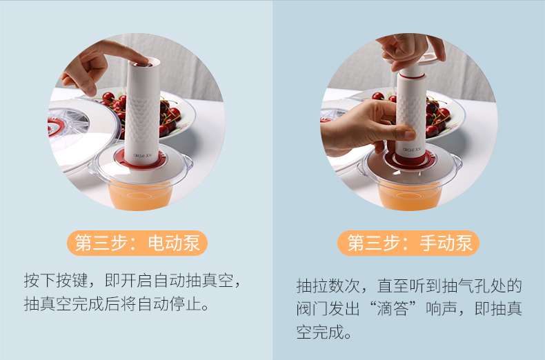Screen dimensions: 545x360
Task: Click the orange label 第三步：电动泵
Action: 137,243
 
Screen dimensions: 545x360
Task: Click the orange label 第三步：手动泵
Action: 408,243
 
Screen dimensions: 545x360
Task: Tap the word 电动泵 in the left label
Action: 174,243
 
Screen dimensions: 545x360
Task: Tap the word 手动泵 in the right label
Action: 446,243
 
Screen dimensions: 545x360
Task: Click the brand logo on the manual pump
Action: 412,150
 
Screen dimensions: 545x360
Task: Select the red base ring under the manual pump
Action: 410,159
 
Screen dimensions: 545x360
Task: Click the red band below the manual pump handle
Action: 412,74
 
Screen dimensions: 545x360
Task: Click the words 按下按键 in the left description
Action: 56,281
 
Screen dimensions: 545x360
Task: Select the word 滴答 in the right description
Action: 393,309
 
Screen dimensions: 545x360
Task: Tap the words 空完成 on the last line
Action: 320,332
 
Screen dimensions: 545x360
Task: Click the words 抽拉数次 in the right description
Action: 328,286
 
